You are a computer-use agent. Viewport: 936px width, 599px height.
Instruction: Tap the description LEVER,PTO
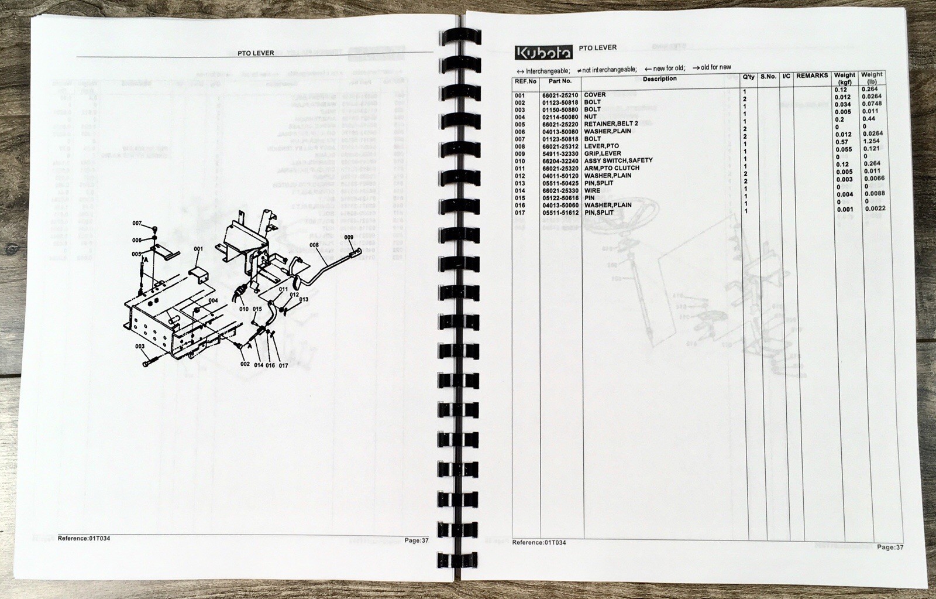(x=601, y=146)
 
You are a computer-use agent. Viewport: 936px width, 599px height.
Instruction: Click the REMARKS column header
(x=811, y=76)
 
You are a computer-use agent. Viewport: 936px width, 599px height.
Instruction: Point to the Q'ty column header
(x=748, y=77)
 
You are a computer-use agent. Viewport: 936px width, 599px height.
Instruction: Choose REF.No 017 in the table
(x=520, y=213)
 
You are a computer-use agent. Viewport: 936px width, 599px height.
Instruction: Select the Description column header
(x=659, y=78)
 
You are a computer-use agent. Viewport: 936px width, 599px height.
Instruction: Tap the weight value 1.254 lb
(x=871, y=142)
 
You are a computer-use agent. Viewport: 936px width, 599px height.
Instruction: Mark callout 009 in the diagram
(x=349, y=237)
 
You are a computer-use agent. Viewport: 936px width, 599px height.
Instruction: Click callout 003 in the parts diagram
(x=140, y=347)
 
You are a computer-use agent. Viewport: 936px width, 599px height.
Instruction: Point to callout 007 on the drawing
(x=137, y=223)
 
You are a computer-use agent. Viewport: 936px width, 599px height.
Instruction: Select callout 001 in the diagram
(x=198, y=249)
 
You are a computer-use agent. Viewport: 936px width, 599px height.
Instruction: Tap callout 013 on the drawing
(x=303, y=299)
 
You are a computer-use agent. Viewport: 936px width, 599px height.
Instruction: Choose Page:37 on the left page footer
(x=417, y=540)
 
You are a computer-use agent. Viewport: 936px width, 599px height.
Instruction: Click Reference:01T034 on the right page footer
(x=539, y=543)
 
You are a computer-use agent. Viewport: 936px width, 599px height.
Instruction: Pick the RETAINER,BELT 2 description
(x=611, y=124)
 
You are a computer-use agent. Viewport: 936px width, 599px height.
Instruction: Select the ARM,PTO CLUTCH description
(x=611, y=168)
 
